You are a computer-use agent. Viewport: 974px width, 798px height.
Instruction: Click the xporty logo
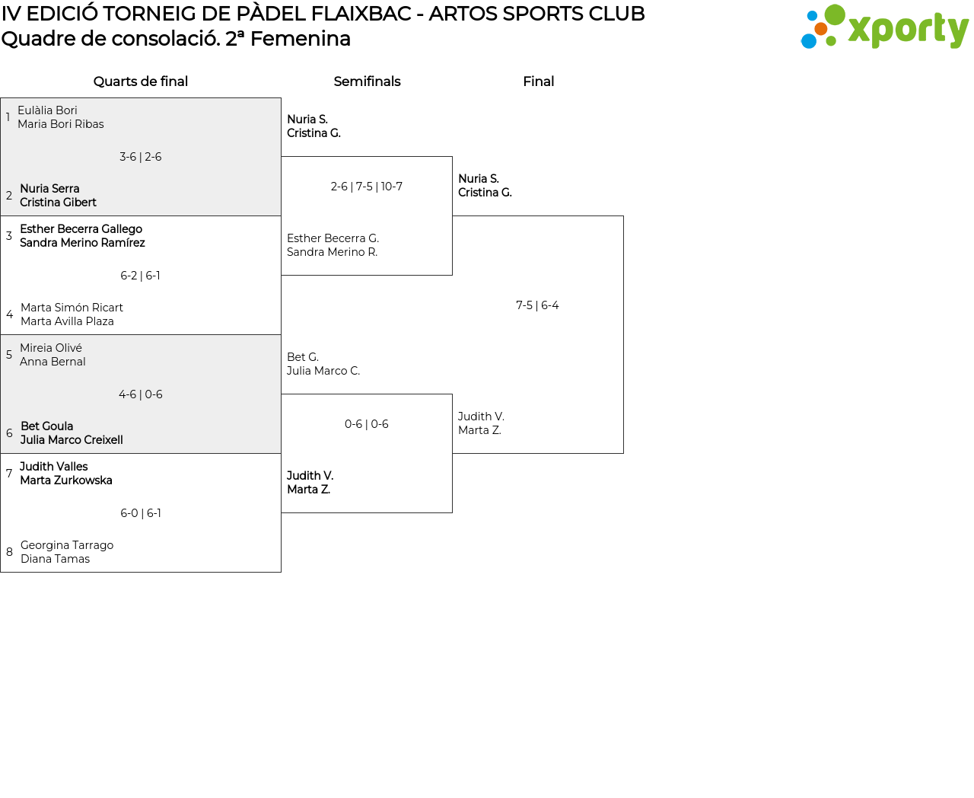884,28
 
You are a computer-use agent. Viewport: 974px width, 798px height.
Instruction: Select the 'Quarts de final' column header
141,81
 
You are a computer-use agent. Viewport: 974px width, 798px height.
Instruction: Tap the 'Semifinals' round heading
367,81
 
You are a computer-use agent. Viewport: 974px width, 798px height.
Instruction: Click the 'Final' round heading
538,81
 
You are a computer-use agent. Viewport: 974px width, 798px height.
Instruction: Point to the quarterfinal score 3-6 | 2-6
141,157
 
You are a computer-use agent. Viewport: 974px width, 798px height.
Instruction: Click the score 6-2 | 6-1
141,276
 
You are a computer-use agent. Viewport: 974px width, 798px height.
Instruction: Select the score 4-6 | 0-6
141,394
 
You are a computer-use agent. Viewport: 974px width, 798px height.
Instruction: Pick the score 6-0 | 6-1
141,513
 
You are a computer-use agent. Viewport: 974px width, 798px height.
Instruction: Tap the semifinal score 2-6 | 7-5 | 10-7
367,187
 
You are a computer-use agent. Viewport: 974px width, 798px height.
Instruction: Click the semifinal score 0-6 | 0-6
367,424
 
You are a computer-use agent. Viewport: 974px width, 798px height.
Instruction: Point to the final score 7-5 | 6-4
537,305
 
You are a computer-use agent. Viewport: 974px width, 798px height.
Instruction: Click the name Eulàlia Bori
47,110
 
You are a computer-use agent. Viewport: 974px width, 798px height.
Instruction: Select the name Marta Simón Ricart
72,308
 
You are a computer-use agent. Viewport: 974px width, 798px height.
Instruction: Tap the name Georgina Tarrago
67,545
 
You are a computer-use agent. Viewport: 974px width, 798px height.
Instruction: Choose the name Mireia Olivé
51,348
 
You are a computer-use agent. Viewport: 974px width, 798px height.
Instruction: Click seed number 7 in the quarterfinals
9,474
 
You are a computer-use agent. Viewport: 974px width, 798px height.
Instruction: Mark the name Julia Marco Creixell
72,440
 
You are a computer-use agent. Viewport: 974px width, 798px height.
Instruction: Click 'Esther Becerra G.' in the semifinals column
333,238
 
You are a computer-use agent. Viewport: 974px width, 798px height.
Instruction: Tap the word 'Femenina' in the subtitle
301,39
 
